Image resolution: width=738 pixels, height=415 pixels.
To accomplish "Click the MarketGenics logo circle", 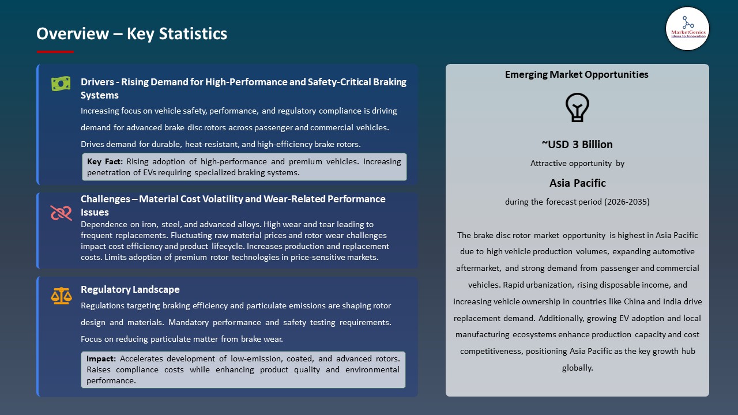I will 687,28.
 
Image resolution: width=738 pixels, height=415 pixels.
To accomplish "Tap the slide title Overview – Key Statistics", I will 131,34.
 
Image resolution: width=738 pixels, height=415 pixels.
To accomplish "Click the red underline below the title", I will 55,52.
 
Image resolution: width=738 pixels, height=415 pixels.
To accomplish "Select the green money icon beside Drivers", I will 61,84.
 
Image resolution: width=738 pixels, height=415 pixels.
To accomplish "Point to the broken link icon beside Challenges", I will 61,213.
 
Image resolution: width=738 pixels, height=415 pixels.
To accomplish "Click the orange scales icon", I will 61,296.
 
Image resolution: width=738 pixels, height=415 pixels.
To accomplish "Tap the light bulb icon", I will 577,107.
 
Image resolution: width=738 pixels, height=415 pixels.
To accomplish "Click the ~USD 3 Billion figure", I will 577,144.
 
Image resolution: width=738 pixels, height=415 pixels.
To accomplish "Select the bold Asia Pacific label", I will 577,183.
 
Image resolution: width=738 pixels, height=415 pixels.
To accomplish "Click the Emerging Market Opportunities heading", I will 577,74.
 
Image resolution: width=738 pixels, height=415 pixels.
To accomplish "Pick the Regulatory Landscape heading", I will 130,289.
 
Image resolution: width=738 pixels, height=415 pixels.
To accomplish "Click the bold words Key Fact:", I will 105,162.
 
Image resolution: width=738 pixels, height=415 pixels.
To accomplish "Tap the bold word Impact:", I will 101,359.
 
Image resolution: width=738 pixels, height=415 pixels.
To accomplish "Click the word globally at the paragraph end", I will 577,368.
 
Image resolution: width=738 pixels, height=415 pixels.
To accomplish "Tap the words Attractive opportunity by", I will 577,163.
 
